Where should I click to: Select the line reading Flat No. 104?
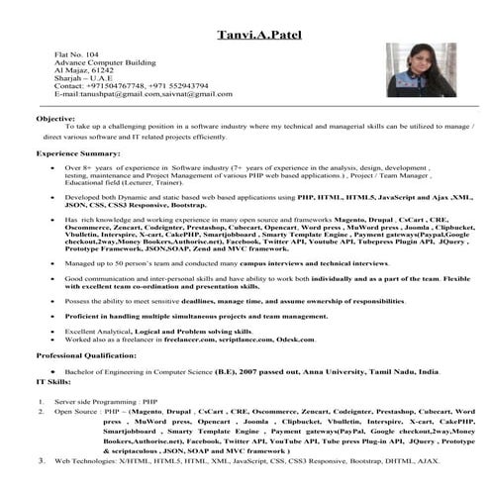77,56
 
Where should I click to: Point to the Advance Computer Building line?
104,65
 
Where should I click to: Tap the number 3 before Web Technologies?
42,460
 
